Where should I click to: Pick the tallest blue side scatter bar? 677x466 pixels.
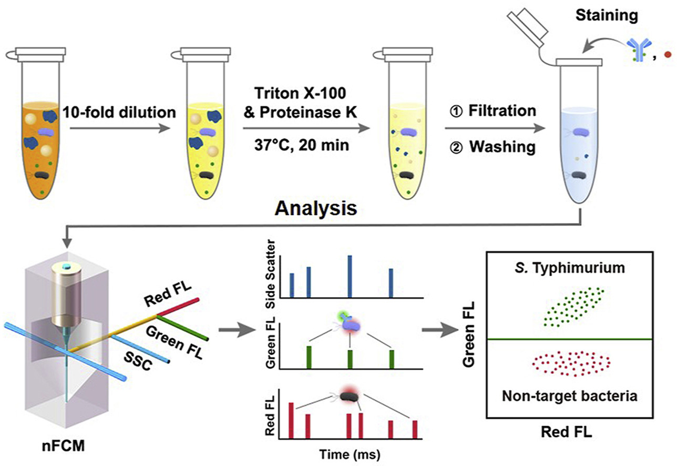tap(350, 276)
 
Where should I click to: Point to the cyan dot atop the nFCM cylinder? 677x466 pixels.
tap(67, 268)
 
